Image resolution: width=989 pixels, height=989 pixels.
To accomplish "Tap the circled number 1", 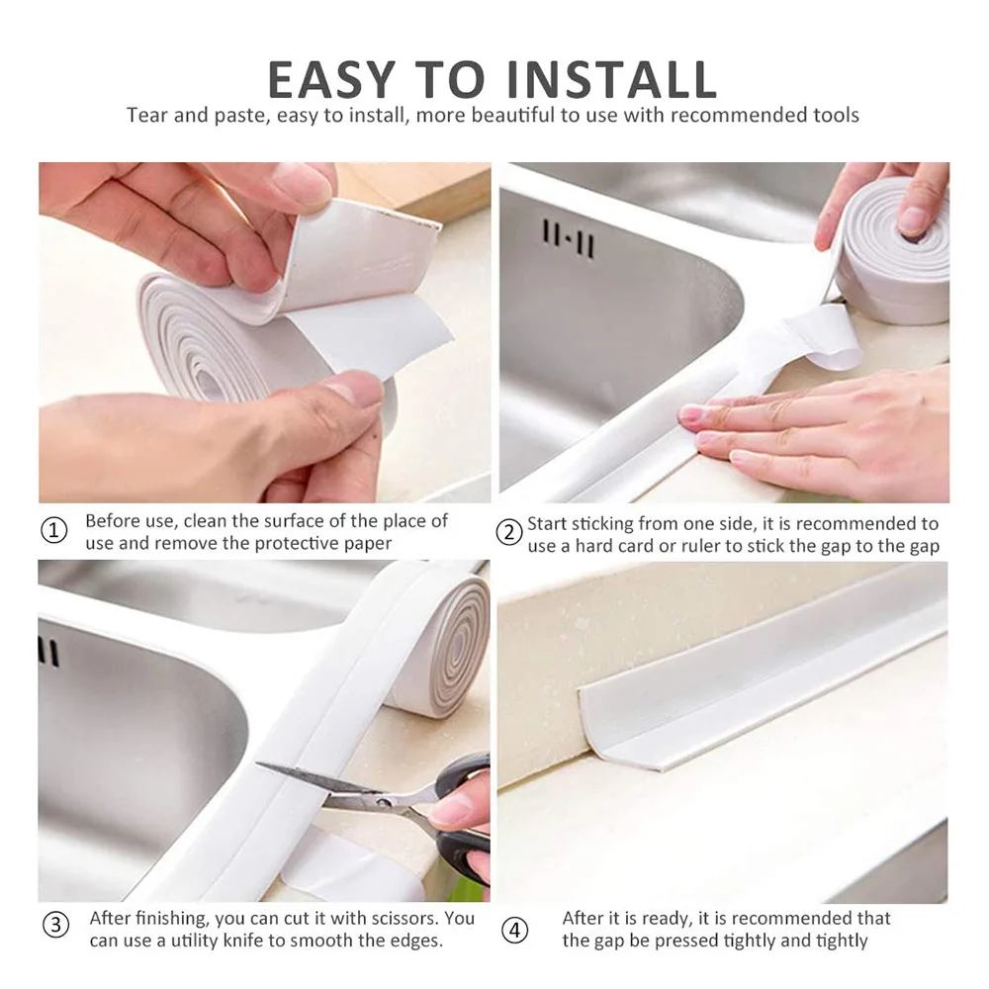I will pos(54,531).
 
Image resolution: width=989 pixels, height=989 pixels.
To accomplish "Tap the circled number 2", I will pos(508,533).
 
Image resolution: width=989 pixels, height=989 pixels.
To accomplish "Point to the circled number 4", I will pos(514,930).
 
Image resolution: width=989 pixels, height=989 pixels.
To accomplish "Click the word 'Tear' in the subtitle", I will pos(147,116).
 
